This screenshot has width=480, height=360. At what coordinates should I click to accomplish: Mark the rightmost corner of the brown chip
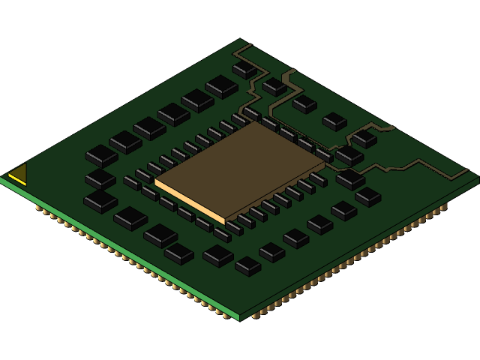click(x=325, y=160)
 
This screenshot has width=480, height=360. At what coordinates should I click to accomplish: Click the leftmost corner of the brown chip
click(x=155, y=180)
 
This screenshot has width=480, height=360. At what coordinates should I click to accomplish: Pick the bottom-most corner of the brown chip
click(x=225, y=223)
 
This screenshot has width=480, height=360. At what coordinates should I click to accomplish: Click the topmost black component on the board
click(x=244, y=68)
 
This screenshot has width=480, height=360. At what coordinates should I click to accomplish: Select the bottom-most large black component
click(x=247, y=265)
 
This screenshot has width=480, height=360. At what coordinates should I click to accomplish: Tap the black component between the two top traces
click(x=274, y=87)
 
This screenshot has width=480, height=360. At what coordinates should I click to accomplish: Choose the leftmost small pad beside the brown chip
click(x=132, y=182)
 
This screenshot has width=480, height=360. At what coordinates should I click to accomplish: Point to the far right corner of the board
click(x=478, y=178)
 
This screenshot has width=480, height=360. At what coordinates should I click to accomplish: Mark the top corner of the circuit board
click(x=241, y=39)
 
